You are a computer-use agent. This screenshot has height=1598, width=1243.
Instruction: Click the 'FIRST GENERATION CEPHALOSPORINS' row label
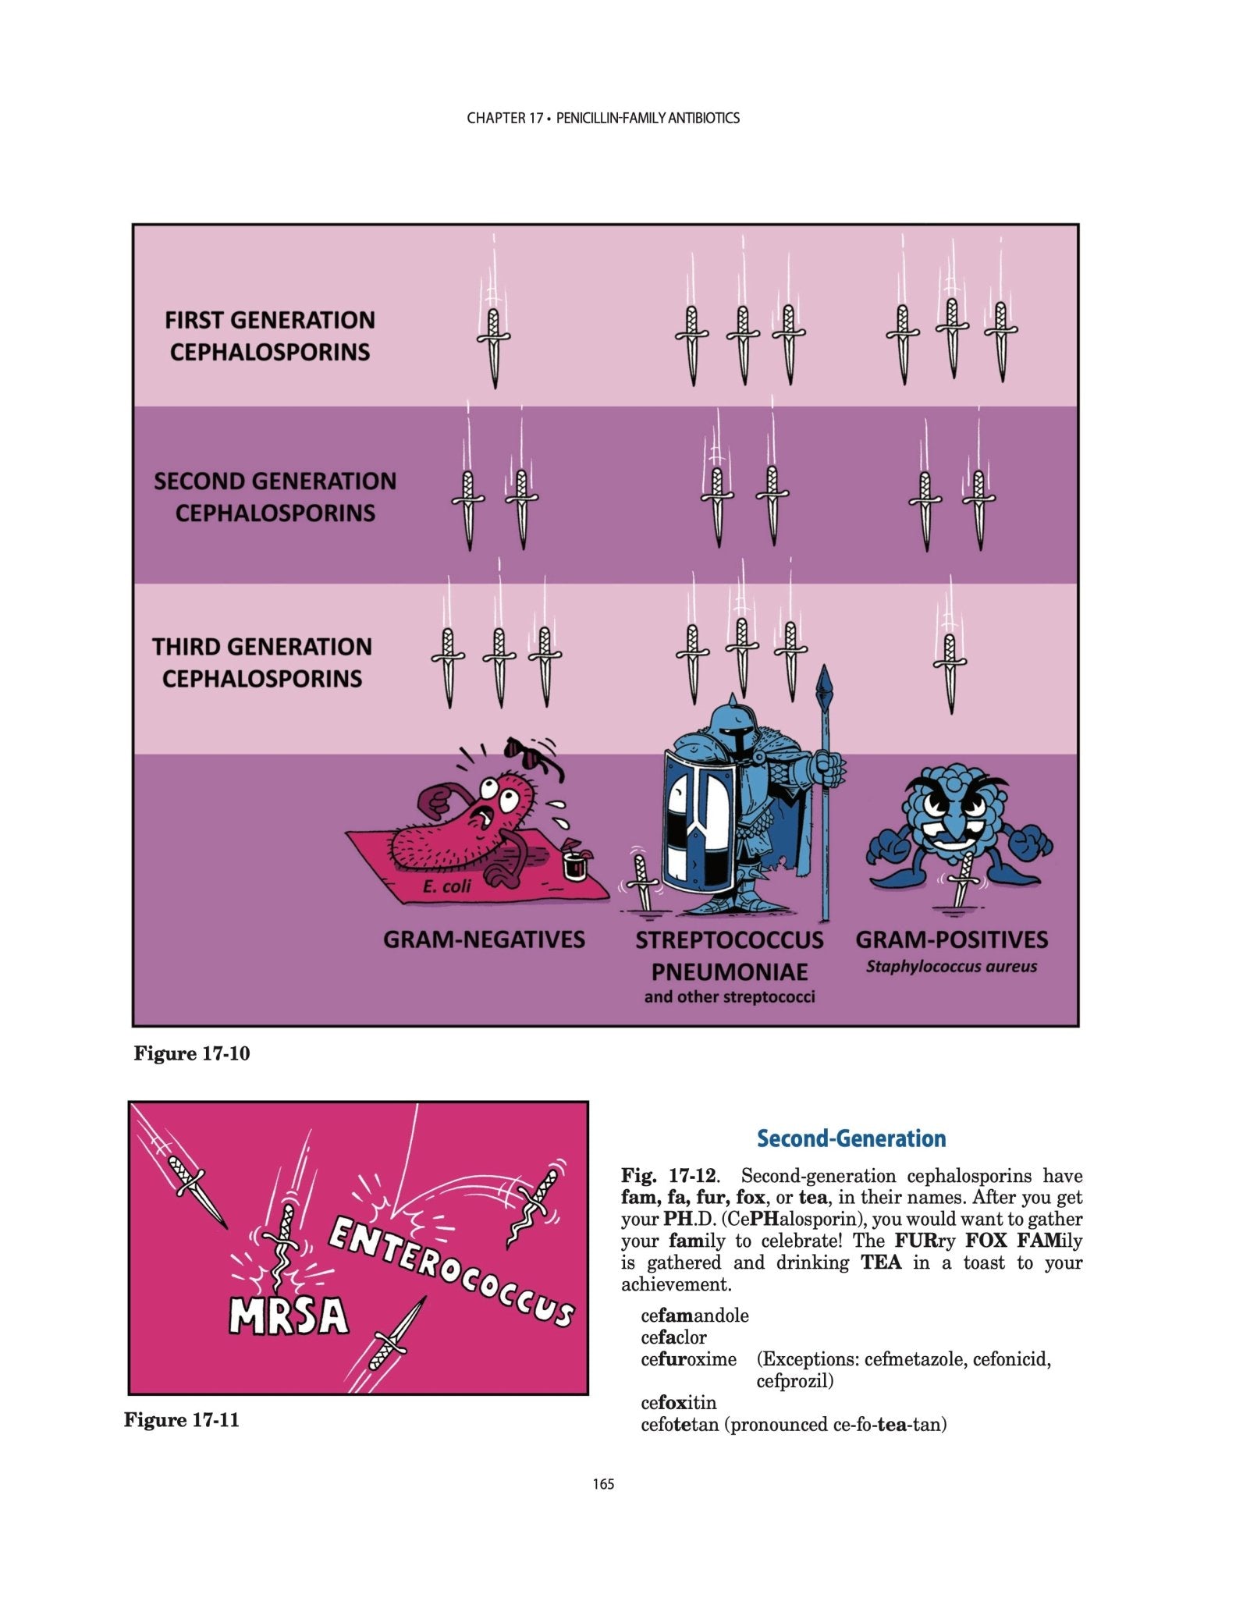pos(269,336)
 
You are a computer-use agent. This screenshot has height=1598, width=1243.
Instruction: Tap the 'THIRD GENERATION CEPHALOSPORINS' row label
pos(262,662)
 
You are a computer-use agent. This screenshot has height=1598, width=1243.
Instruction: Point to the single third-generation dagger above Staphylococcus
pos(950,670)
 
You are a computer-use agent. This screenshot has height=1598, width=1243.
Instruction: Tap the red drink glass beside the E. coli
pos(578,864)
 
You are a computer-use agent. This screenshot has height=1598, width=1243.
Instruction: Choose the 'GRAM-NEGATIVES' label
pos(484,939)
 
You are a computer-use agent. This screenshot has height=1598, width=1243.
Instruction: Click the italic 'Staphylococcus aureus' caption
pos(951,967)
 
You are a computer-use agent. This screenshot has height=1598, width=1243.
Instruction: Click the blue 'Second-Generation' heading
pos(851,1138)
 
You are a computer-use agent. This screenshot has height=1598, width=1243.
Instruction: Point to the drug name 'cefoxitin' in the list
pos(678,1402)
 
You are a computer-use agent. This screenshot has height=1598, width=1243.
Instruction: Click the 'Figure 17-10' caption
pos(192,1054)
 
